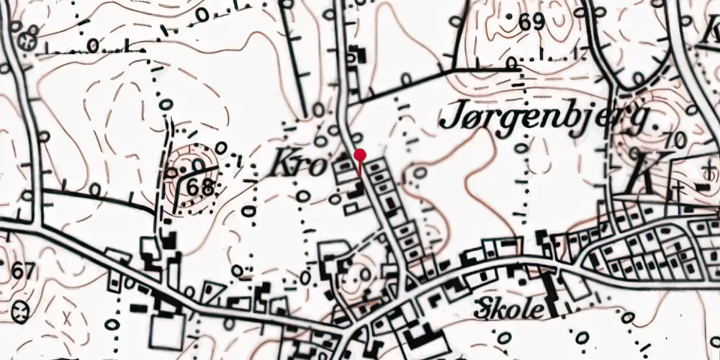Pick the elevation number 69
click(531, 22)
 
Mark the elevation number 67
click(23, 272)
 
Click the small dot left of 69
click(510, 15)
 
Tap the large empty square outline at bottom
click(166, 333)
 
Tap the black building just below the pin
click(356, 191)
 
